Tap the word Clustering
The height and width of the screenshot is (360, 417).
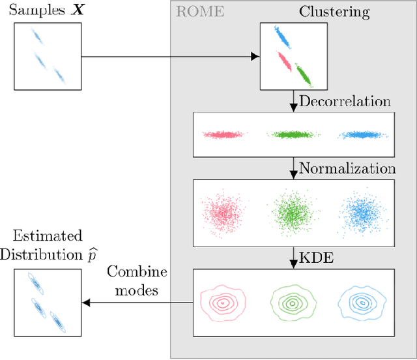coord(334,11)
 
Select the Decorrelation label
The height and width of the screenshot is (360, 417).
coord(345,101)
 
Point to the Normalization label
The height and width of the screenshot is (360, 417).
coord(347,168)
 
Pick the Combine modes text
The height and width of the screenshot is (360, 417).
coord(136,280)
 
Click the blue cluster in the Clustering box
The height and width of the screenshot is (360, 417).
coord(284,37)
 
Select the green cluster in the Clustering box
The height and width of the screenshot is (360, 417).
coord(304,74)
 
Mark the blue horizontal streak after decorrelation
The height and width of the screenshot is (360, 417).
coord(362,135)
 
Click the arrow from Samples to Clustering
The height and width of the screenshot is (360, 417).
coord(169,56)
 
